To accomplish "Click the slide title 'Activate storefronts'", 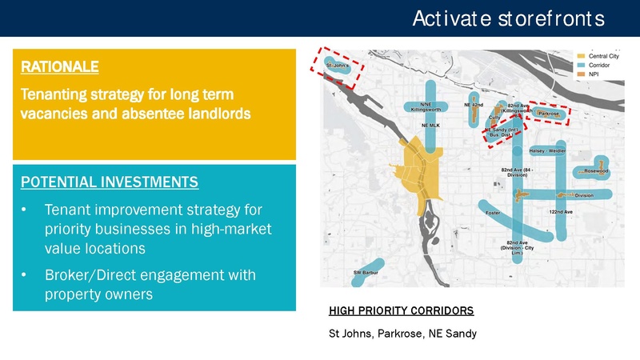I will click(502, 18).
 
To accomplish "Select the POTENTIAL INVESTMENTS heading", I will click(109, 182).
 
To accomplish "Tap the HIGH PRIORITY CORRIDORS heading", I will click(402, 310).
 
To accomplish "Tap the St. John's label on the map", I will click(337, 66).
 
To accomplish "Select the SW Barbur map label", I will click(366, 273).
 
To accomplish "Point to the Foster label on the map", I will click(494, 213).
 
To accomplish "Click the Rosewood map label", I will click(596, 171).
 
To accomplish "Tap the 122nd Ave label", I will click(562, 211).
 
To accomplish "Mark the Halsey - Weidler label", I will click(547, 150).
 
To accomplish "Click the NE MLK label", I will click(430, 125).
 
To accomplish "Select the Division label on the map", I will click(584, 194).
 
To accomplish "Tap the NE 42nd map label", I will click(474, 105).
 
